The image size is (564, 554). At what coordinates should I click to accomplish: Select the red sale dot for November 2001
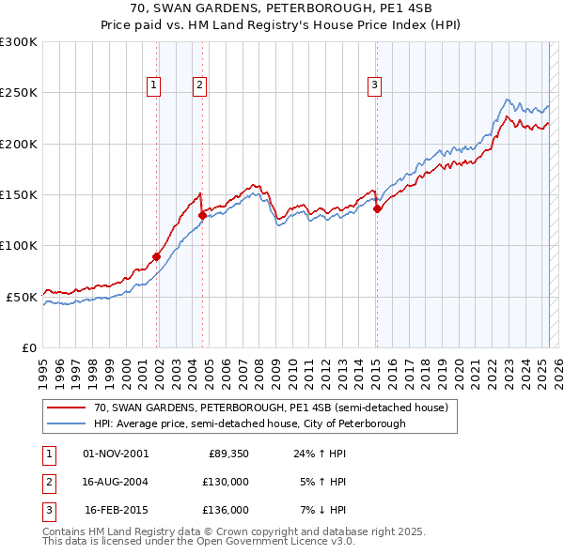[157, 256]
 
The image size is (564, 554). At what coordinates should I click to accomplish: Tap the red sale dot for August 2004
[202, 215]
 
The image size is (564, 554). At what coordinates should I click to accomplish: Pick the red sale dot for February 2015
[377, 208]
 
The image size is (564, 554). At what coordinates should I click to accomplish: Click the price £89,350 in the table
[228, 454]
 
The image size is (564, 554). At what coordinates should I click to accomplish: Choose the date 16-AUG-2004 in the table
[116, 482]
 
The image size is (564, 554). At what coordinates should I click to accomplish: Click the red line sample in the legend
[67, 408]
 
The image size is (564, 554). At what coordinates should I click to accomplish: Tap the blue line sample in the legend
[67, 423]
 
